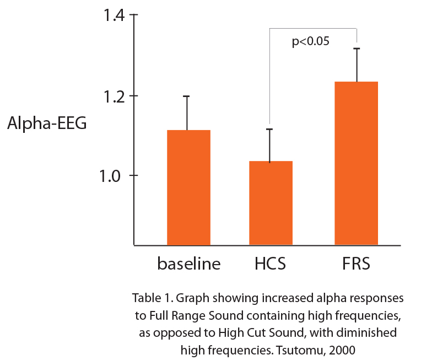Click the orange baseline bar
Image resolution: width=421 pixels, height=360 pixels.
tap(188, 187)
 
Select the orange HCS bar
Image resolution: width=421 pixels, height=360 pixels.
tap(271, 203)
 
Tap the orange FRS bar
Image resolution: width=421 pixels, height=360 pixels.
tap(356, 163)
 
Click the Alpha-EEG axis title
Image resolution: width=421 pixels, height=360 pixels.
tap(47, 125)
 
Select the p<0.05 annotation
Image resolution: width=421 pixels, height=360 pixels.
tap(310, 41)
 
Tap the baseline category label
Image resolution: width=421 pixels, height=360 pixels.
tap(189, 264)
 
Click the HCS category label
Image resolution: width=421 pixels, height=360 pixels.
tap(270, 264)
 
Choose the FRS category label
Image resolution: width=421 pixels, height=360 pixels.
tap(355, 264)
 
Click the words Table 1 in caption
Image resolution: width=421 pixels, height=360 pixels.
tap(149, 298)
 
